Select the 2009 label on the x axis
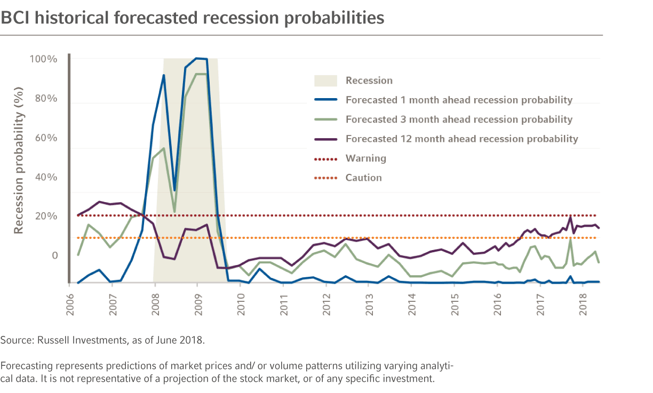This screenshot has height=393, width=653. coord(197,303)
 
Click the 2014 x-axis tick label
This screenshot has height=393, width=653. coord(411,303)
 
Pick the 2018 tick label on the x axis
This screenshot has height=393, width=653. coord(583,303)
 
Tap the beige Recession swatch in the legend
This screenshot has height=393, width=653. coord(325,81)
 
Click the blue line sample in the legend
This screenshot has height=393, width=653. coord(325,100)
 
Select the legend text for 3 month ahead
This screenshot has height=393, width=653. coord(459,119)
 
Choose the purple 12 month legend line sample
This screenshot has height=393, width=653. coord(325,139)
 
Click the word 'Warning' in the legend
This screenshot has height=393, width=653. coord(365,158)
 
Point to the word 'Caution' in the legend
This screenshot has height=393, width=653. coord(363,178)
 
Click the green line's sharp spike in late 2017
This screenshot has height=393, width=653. coord(570,239)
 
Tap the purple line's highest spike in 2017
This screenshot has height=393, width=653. coord(570,217)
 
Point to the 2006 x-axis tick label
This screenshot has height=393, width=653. coord(70,303)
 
